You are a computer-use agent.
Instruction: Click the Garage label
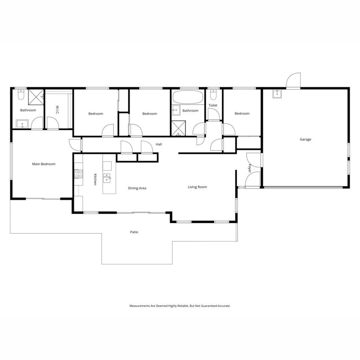[306, 139]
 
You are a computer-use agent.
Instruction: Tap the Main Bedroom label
[44, 164]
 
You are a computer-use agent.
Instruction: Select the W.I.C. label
[58, 110]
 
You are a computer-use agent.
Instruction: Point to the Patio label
[134, 232]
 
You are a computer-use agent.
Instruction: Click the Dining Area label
[137, 188]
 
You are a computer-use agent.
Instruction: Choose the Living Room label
[197, 187]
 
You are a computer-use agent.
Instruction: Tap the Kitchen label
[95, 179]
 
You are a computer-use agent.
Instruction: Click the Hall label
[159, 144]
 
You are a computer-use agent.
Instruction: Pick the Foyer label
[250, 168]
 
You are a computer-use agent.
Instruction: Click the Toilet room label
[213, 105]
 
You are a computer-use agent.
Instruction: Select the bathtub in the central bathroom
[188, 97]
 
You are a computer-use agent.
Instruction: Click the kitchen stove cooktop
[78, 174]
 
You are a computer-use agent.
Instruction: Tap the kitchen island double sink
[107, 178]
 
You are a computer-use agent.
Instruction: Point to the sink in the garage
[277, 94]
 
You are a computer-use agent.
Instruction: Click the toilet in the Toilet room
[213, 94]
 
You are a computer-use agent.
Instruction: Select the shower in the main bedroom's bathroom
[36, 97]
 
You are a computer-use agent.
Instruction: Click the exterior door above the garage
[293, 80]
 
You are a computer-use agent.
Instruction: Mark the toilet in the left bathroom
[21, 94]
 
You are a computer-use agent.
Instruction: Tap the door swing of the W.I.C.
[53, 122]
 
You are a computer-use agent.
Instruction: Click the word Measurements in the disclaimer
[139, 306]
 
